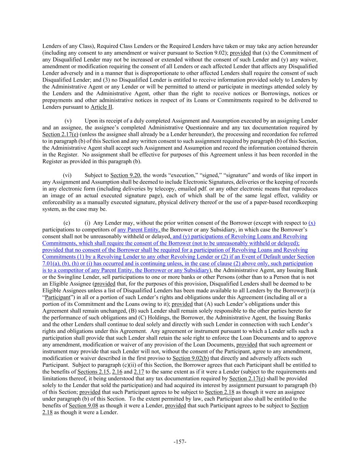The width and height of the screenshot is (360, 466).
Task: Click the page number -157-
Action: point(180,442)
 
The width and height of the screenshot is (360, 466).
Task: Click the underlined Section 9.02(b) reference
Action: point(191,358)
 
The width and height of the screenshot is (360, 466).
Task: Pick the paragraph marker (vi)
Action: point(67,175)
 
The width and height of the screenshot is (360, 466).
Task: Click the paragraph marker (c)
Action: point(67,223)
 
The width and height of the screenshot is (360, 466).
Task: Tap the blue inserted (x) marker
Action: point(312,223)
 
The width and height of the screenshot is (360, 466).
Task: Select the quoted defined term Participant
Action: point(58,297)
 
